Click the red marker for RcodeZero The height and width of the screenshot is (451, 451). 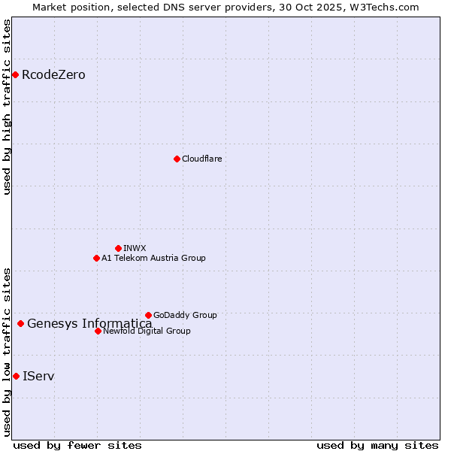15,74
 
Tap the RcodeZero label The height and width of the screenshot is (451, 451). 53,75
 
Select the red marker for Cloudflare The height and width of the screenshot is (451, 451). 177,159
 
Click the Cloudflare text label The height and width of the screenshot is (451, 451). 201,159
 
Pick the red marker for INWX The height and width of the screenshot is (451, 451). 118,248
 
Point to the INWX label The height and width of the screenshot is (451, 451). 135,249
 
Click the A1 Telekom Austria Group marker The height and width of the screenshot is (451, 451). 96,258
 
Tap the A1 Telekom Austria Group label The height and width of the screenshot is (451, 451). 153,259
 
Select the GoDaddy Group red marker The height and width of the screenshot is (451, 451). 148,315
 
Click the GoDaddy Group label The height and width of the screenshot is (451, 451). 185,316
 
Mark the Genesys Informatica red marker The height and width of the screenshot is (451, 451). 20,323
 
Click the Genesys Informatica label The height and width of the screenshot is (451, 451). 89,324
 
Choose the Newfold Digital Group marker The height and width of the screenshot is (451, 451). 98,331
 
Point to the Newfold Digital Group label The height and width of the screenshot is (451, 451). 147,331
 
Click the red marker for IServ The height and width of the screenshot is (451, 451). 16,376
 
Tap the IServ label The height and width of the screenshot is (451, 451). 38,376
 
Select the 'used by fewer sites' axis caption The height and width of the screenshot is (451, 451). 77,445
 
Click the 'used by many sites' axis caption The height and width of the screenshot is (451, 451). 377,445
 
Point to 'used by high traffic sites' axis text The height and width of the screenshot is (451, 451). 8,107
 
